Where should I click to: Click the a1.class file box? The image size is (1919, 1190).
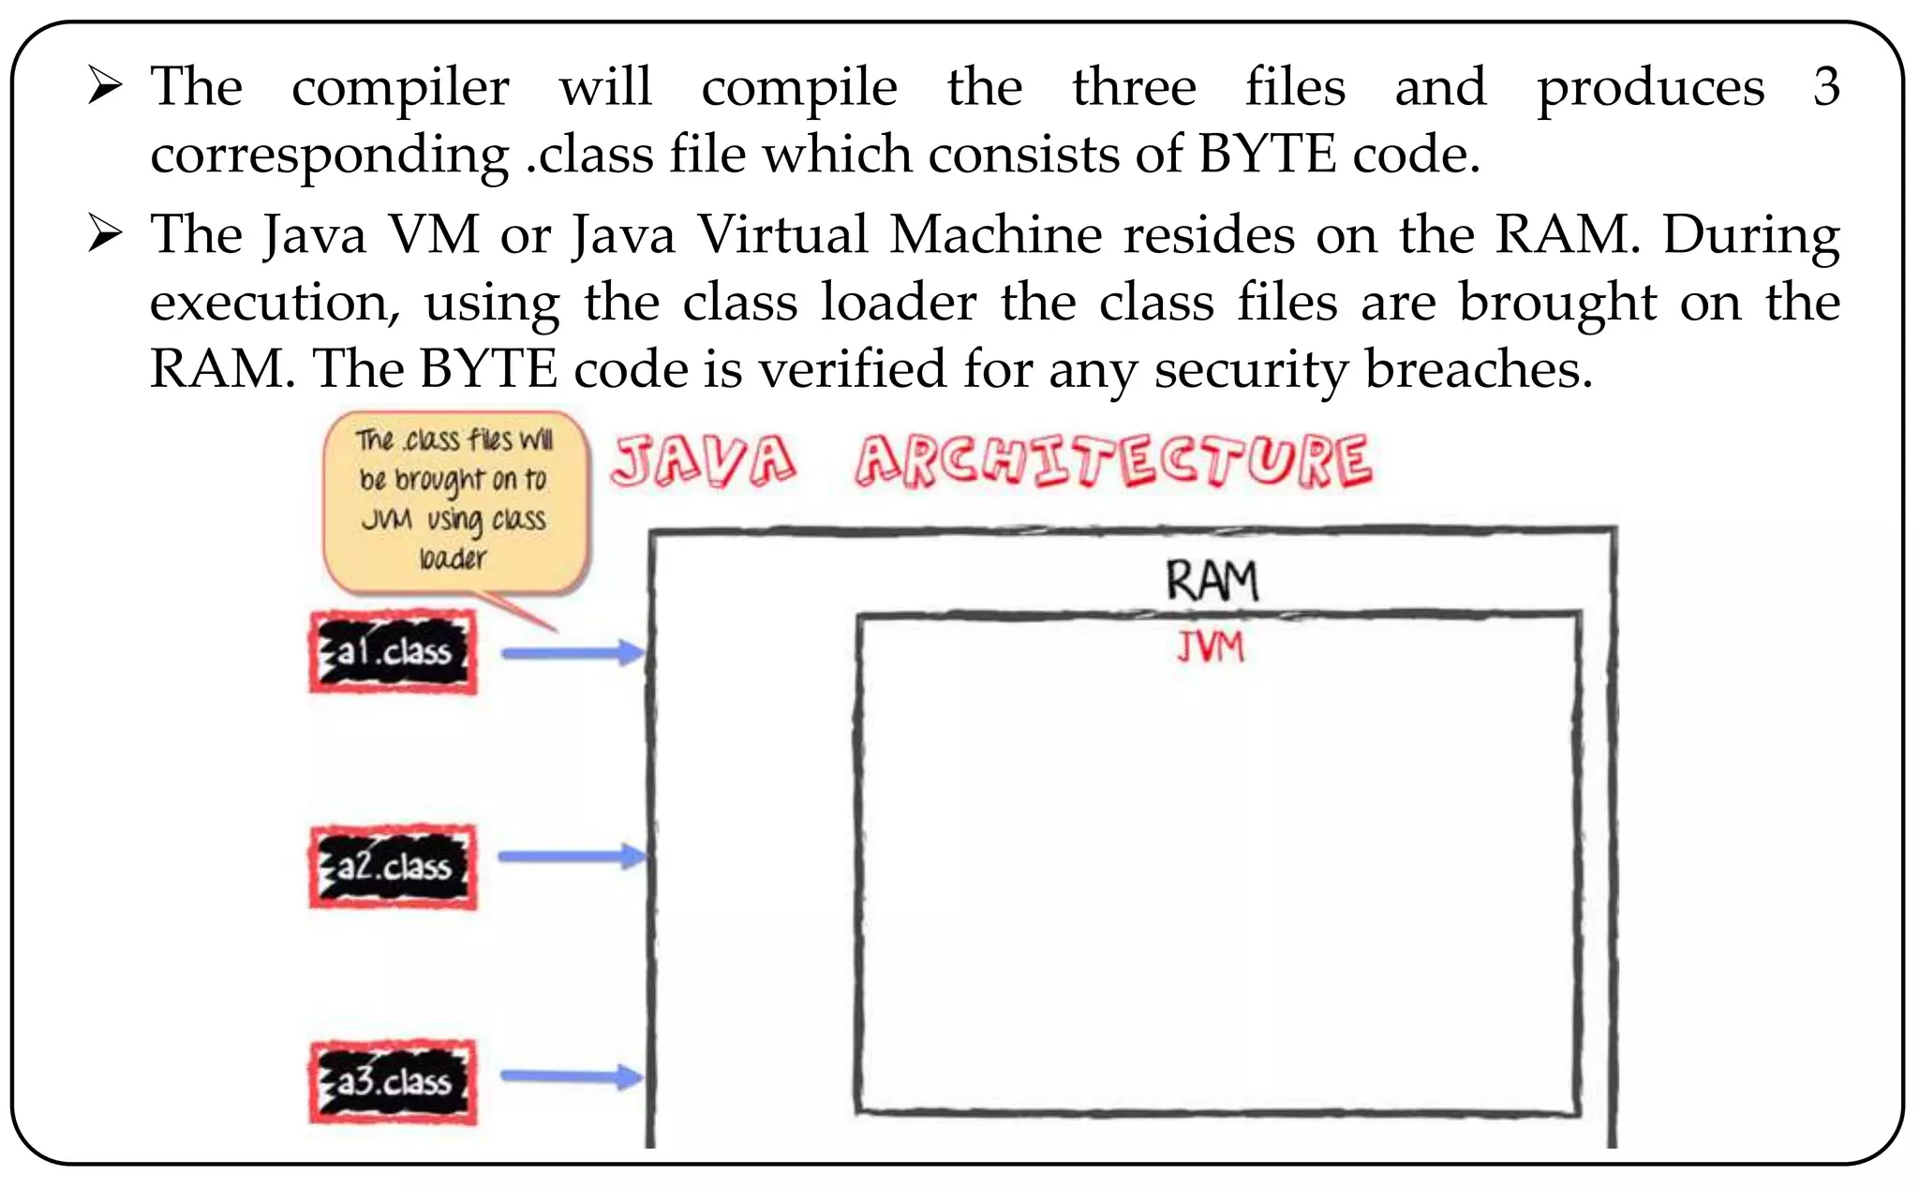coord(393,652)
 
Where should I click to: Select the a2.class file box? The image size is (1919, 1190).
coord(393,867)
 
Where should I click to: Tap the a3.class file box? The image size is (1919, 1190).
coord(393,1082)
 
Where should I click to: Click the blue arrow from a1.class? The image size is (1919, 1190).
coord(572,653)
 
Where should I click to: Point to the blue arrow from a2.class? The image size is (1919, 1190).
coord(572,856)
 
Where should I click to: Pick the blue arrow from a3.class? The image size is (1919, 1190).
coord(572,1077)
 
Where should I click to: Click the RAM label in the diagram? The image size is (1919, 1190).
coord(1212,581)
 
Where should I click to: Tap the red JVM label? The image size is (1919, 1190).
coord(1211,647)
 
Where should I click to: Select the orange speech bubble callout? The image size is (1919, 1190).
coord(456,501)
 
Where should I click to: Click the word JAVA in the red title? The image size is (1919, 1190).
coord(704,462)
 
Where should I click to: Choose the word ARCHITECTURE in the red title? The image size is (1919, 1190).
coord(1113,462)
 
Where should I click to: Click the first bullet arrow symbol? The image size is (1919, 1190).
coord(105,86)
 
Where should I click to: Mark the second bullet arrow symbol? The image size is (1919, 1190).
coord(105,233)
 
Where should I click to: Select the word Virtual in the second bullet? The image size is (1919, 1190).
coord(783,234)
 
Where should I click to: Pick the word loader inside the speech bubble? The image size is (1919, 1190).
coord(453,559)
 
